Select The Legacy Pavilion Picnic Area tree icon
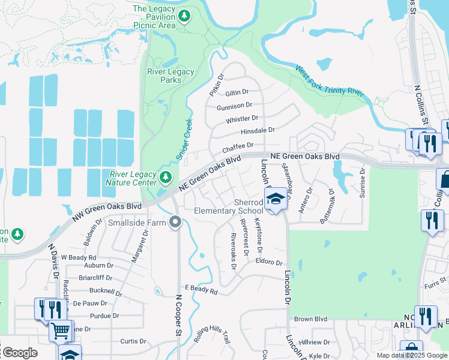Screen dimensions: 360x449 184,16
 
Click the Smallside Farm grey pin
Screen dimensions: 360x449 175,223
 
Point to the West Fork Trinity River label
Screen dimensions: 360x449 330,81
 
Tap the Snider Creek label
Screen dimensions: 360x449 184,139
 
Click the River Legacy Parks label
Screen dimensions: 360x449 171,76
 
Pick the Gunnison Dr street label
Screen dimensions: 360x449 234,106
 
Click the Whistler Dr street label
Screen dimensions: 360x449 242,119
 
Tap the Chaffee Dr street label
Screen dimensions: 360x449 238,147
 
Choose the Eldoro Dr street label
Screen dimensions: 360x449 268,262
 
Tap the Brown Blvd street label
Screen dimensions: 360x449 310,319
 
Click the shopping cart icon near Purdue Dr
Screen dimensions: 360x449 60,331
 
